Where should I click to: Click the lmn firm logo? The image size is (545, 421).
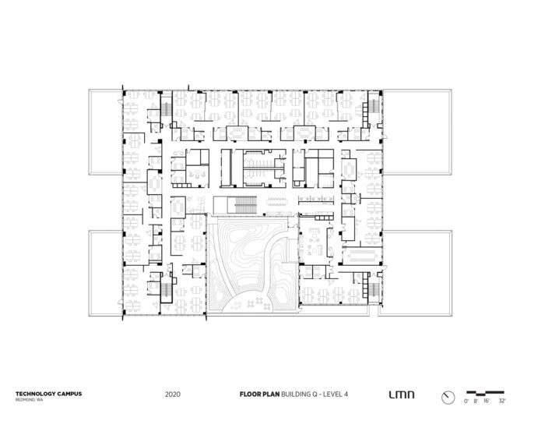[401, 394]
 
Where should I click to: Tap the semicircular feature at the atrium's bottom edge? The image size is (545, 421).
[247, 306]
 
